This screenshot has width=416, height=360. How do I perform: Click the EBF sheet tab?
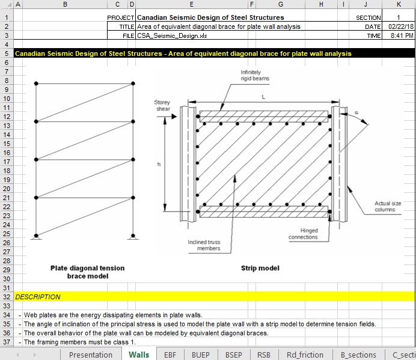point(170,355)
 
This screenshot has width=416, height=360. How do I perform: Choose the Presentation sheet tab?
point(91,355)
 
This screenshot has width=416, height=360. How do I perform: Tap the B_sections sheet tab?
point(358,355)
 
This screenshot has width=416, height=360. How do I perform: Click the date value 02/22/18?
point(399,27)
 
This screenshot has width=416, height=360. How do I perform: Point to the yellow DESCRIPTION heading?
point(38,297)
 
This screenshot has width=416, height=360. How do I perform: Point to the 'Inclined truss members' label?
point(204,245)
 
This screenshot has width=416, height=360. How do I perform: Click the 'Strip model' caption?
point(260,268)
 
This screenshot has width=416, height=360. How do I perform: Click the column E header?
point(191,5)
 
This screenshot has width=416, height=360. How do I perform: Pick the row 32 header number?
point(5,297)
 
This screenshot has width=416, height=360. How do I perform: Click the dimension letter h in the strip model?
point(159,164)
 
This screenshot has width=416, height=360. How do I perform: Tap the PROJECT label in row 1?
point(120,18)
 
